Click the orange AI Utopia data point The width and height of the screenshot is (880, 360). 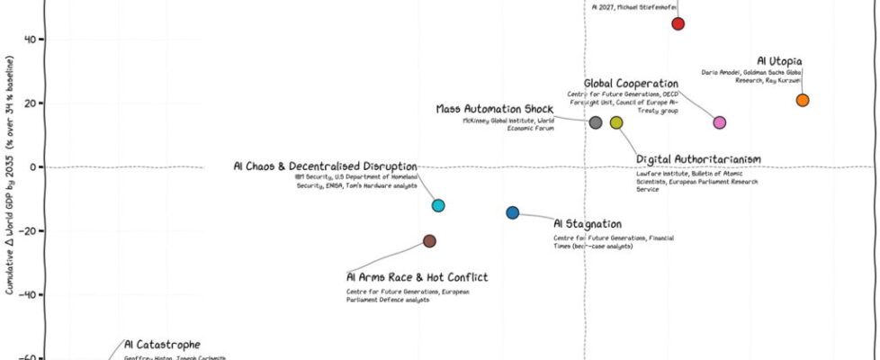coord(803,100)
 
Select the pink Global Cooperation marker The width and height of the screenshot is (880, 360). coord(719,122)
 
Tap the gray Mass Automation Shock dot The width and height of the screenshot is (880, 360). coord(595,122)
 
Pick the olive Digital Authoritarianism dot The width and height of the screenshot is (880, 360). coord(616,122)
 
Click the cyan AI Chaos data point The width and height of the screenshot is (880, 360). coord(438,205)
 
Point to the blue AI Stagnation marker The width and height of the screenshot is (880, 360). coord(512,212)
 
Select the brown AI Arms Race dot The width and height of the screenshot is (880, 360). coord(430,240)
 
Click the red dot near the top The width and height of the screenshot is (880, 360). coord(678,23)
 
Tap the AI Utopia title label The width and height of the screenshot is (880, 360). coord(778,60)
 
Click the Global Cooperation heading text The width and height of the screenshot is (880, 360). coord(631,84)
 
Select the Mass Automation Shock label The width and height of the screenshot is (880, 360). coord(496,109)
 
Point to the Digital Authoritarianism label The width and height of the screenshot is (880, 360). coord(698,159)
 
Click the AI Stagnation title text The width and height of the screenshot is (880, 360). coord(587,223)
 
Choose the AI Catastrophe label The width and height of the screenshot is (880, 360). coord(162,344)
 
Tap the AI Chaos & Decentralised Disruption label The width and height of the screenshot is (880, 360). coord(325,166)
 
